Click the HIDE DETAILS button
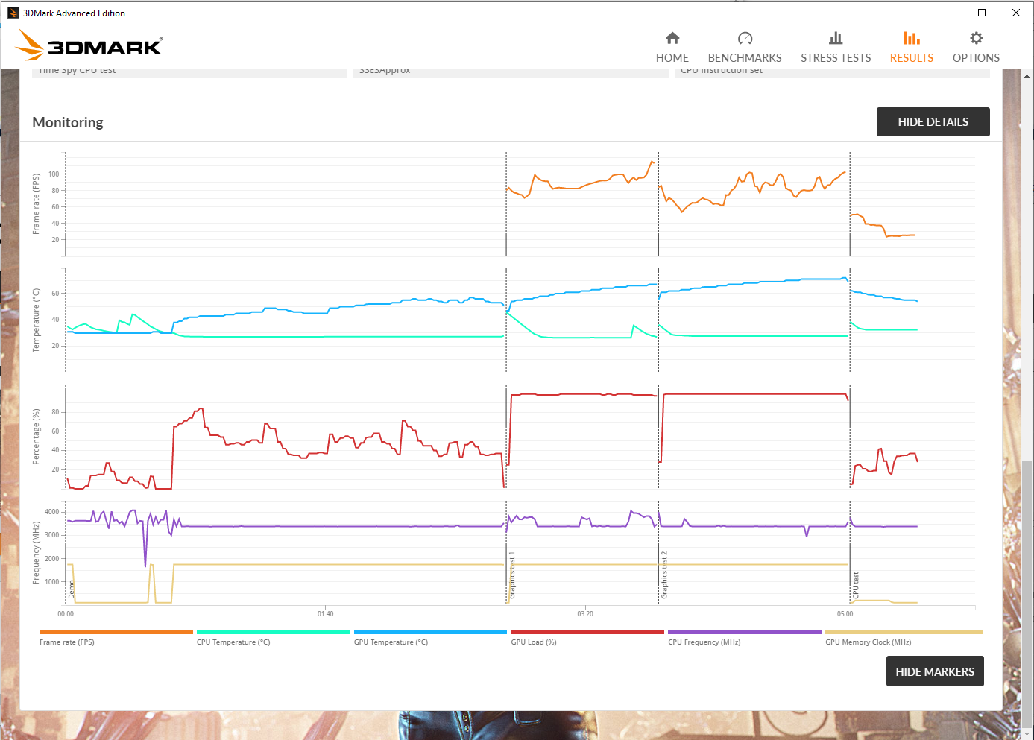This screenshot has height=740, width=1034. click(933, 122)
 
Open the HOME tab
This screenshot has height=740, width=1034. click(672, 48)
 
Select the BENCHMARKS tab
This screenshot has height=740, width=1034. click(744, 48)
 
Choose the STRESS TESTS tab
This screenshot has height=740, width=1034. click(835, 48)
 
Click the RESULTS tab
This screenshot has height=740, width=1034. click(911, 48)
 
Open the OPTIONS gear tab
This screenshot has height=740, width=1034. click(975, 48)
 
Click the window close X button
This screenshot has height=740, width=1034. click(1015, 13)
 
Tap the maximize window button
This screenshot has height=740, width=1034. click(982, 13)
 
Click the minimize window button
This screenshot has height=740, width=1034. click(948, 13)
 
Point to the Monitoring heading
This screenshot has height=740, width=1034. click(68, 122)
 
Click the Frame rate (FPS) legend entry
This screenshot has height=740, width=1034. click(67, 642)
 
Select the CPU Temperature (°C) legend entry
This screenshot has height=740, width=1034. click(233, 642)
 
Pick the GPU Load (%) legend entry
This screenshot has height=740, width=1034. click(534, 642)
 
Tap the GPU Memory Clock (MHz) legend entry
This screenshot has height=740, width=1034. click(868, 642)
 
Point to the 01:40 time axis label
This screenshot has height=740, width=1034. click(325, 614)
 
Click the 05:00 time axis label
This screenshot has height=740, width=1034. click(845, 614)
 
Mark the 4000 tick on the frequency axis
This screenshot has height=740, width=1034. click(51, 512)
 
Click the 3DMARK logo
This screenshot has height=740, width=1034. click(89, 46)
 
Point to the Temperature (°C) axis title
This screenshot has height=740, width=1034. click(36, 320)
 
